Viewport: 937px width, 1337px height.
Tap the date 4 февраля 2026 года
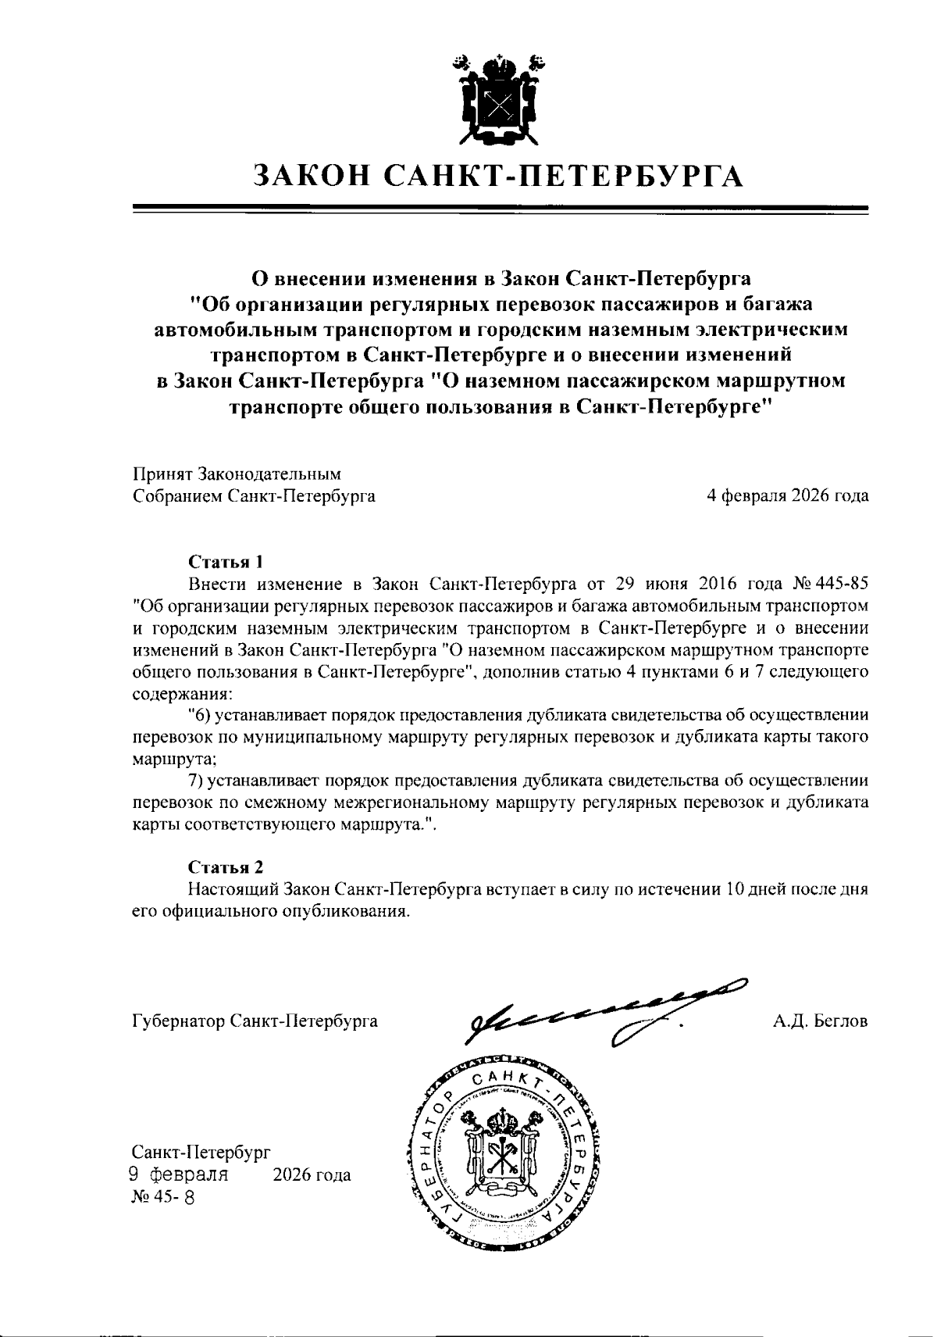pos(787,495)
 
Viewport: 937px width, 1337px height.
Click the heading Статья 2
pos(226,867)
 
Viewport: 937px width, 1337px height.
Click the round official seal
pos(500,1159)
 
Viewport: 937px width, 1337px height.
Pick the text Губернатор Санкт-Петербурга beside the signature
pos(255,1021)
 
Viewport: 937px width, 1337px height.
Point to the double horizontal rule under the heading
pos(501,209)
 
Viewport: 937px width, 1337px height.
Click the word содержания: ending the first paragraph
pos(183,693)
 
